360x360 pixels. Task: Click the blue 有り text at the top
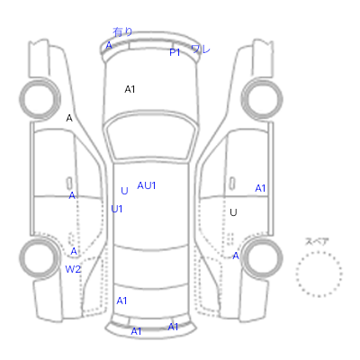[x=122, y=31]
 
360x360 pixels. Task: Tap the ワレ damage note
[x=201, y=49]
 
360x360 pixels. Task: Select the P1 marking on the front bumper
[x=175, y=52]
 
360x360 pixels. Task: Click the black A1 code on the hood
[x=130, y=89]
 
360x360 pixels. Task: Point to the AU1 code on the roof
[x=147, y=185]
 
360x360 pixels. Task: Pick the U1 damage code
[x=117, y=209]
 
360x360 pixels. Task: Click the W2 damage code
[x=73, y=269]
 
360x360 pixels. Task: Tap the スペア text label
[x=317, y=241]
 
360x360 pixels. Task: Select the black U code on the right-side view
[x=233, y=212]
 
